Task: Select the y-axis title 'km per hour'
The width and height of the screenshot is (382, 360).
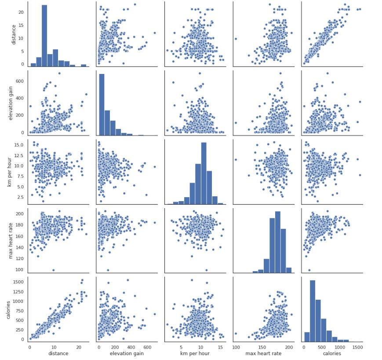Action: click(9, 172)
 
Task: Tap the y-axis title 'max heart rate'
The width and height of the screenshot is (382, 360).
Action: click(9, 240)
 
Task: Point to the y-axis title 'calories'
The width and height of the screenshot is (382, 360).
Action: click(9, 309)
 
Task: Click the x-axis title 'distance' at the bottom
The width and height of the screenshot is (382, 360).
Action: click(58, 353)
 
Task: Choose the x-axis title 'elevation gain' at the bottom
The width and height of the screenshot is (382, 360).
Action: click(127, 353)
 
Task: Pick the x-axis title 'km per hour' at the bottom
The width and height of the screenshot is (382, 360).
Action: click(196, 353)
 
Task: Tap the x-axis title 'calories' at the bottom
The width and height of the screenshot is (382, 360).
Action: click(333, 353)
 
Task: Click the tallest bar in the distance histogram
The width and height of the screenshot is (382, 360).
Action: click(44, 35)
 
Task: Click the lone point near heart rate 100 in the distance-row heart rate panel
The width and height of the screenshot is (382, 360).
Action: click(236, 39)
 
